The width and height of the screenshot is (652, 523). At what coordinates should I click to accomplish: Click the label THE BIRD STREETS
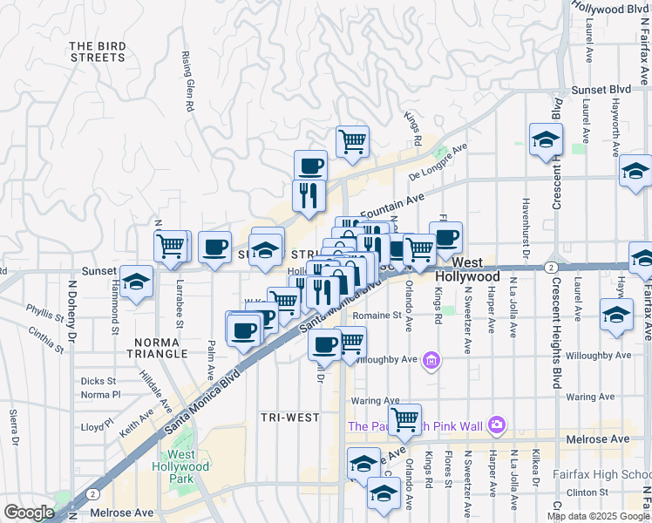[x=97, y=51]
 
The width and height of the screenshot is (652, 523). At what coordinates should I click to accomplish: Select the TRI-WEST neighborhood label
[x=290, y=418]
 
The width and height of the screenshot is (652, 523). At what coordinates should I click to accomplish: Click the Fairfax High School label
[x=601, y=475]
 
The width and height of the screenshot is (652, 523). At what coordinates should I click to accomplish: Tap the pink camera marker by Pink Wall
[x=497, y=425]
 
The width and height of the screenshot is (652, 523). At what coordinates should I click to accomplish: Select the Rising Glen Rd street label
[x=187, y=81]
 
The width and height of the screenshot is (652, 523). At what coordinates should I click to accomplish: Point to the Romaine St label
[x=378, y=315]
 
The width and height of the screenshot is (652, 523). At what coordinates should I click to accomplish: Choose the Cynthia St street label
[x=46, y=339]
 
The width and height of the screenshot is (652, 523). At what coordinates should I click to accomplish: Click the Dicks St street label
[x=98, y=381]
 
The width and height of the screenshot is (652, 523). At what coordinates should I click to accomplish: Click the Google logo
[x=29, y=513]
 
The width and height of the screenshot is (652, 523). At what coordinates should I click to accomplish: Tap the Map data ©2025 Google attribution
[x=598, y=516]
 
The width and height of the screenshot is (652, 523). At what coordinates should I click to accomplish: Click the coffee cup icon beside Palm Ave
[x=214, y=247]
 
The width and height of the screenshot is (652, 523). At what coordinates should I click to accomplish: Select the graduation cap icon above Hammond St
[x=136, y=282]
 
